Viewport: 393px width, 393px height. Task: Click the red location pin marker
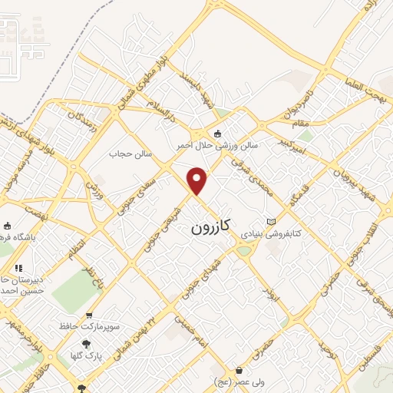coord(197,180)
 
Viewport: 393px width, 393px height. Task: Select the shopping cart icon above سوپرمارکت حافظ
coord(90,315)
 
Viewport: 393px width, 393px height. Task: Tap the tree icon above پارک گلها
coord(86,345)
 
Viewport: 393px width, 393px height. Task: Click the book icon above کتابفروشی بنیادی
coord(270,221)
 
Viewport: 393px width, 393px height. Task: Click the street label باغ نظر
coord(91,265)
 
